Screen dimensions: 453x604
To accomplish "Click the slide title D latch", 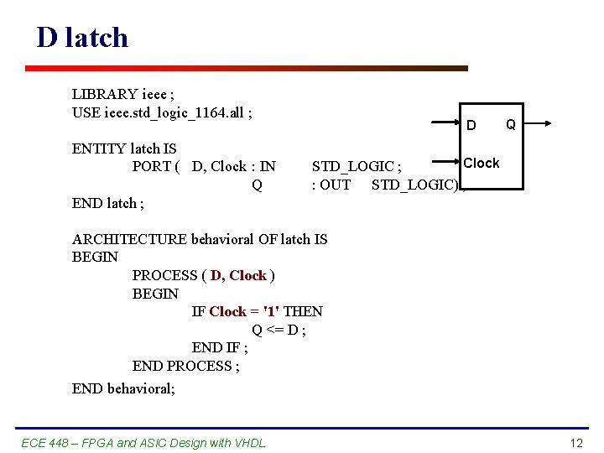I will tap(82, 38).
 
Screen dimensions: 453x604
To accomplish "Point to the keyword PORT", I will tap(152, 166).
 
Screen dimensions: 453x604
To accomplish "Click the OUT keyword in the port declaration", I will tap(335, 185).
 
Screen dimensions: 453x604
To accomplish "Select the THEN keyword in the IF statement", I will tap(303, 311).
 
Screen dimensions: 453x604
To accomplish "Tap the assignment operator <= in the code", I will tap(274, 330).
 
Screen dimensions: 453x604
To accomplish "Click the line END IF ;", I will tap(220, 348).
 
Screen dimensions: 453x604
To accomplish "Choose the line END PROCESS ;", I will tap(185, 366).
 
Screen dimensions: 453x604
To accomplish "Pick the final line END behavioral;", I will tap(123, 388).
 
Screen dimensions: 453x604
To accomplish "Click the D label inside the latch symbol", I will tap(471, 126).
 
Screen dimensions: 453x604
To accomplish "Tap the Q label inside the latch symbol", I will tap(510, 125).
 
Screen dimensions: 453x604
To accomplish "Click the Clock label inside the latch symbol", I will tap(482, 163).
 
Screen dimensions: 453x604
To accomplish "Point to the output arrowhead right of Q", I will tap(546, 124).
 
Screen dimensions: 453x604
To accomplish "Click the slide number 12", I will tap(575, 442).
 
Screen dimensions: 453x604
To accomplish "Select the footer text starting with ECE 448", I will tap(143, 442).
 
